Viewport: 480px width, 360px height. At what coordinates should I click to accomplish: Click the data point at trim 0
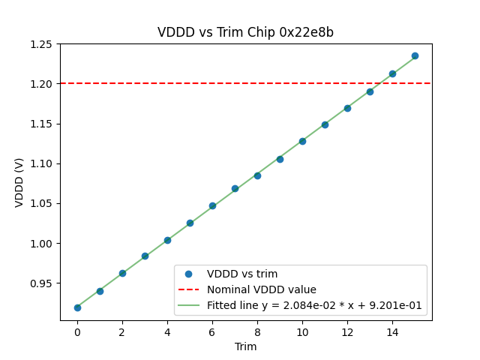coord(77,307)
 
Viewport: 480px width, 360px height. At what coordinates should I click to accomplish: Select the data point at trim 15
coord(415,55)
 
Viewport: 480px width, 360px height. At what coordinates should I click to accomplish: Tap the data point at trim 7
coord(235,188)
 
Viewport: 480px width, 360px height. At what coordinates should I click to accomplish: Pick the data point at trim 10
coord(302,141)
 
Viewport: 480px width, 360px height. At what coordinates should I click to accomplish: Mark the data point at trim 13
coord(370,91)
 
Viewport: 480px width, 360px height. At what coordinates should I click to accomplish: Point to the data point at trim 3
coord(145,256)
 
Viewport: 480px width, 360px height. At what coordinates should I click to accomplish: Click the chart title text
coord(245,32)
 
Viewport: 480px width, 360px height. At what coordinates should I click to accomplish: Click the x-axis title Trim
coord(245,346)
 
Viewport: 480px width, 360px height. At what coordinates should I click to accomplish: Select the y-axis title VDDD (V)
coord(19,182)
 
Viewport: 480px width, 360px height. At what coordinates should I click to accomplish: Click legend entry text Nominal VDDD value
coord(262,289)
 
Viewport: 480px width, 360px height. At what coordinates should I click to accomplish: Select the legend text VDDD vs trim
coord(242,274)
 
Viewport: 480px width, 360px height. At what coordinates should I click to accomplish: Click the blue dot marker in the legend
coord(188,274)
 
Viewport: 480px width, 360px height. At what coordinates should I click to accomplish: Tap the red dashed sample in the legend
coord(188,289)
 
